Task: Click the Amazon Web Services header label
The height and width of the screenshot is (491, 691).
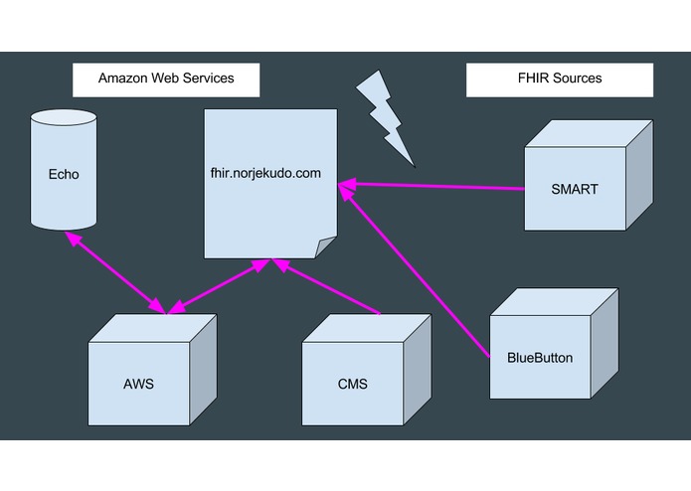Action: tap(166, 79)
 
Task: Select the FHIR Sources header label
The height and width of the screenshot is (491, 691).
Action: tap(560, 79)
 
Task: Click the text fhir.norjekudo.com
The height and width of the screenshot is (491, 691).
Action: tap(265, 173)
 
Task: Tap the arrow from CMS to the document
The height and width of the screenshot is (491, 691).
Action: tap(328, 288)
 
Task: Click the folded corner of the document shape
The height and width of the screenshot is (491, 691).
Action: tap(325, 246)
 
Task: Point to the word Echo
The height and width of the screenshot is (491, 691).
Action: tap(64, 175)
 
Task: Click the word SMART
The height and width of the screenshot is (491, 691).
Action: tap(575, 189)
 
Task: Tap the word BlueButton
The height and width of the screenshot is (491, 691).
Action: tap(540, 358)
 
